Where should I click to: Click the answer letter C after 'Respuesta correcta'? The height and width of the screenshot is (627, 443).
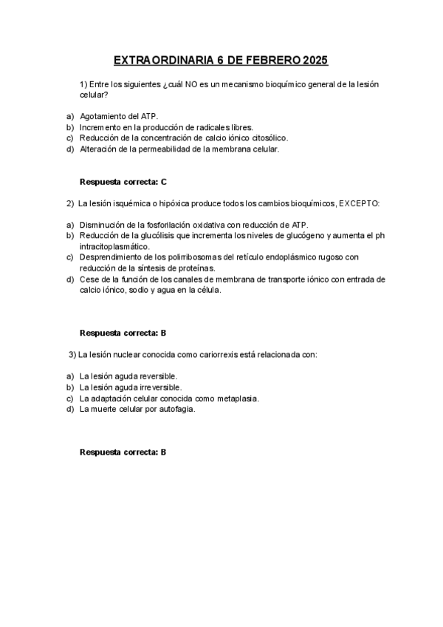164,181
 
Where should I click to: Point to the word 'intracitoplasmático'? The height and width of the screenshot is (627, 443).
115,246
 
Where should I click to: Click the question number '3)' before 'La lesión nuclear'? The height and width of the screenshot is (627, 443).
72,355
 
